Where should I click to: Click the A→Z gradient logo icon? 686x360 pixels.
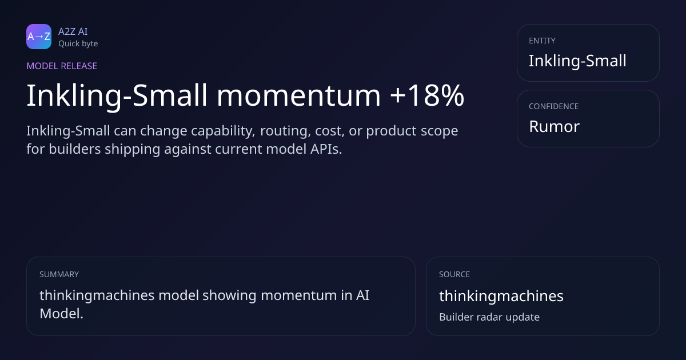(39, 37)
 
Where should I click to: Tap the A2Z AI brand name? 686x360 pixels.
(73, 31)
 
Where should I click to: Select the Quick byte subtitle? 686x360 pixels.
(78, 44)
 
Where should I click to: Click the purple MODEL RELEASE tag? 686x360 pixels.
(62, 66)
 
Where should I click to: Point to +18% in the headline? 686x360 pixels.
(427, 95)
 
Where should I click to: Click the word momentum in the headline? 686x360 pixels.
(298, 95)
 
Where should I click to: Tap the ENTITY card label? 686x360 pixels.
(542, 41)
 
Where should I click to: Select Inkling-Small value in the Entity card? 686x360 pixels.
(577, 61)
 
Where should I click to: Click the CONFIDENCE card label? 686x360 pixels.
(553, 106)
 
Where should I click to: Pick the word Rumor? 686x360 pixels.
(554, 126)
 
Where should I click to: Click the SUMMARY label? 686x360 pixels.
(59, 274)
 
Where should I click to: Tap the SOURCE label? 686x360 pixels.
(454, 274)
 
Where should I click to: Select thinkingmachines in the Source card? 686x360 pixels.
(501, 296)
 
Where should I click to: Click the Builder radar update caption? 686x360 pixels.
(489, 317)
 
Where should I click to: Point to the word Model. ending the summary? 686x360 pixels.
(61, 314)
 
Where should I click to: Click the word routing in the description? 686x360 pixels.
(285, 131)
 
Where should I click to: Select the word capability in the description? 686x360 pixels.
(223, 131)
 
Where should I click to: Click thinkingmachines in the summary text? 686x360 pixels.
(97, 296)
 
